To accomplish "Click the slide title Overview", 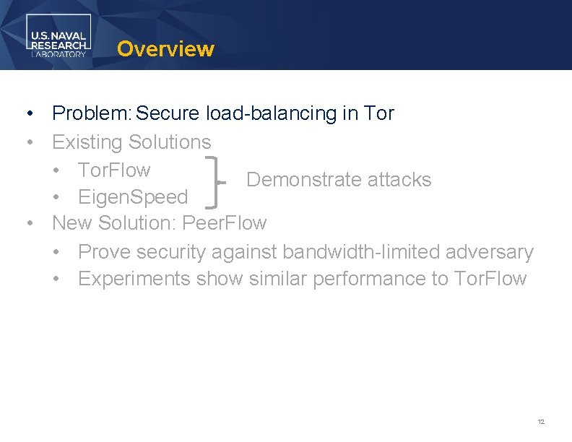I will coord(165,49).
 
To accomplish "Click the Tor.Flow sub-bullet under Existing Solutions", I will coord(114,170).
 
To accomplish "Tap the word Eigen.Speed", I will coord(133,197).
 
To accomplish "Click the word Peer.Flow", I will coord(225,223).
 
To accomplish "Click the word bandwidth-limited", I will coord(361,252).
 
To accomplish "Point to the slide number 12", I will coord(541,422).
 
